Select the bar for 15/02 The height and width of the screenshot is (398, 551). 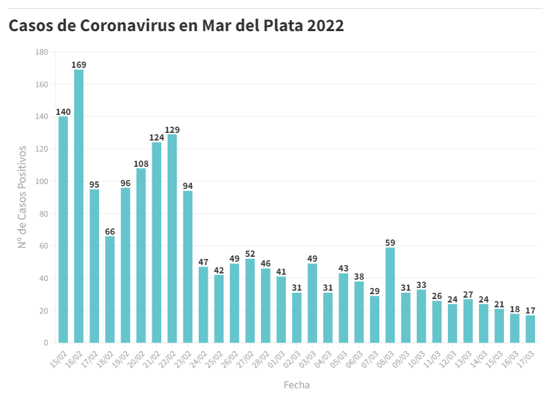pyautogui.click(x=63, y=229)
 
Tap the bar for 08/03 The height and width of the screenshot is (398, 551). pyautogui.click(x=390, y=295)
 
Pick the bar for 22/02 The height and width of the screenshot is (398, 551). pyautogui.click(x=172, y=238)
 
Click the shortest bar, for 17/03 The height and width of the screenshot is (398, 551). pyautogui.click(x=530, y=329)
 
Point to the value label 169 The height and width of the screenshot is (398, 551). pyautogui.click(x=79, y=65)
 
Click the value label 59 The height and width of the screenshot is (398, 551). pyautogui.click(x=390, y=243)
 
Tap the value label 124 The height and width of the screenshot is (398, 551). pyautogui.click(x=156, y=138)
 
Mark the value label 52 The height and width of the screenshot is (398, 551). pyautogui.click(x=250, y=254)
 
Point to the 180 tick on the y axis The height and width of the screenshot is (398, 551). pyautogui.click(x=42, y=52)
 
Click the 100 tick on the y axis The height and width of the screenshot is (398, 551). pyautogui.click(x=42, y=181)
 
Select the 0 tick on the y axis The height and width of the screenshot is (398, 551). pyautogui.click(x=46, y=343)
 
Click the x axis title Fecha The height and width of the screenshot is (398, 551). pyautogui.click(x=296, y=384)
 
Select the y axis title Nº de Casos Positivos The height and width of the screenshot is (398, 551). pyautogui.click(x=22, y=197)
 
